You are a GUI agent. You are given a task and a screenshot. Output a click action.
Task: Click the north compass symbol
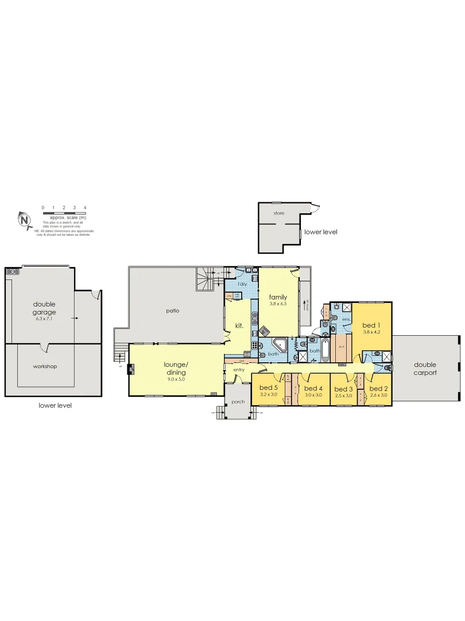coord(24,219)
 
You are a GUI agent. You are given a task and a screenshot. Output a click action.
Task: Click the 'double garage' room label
coord(44,308)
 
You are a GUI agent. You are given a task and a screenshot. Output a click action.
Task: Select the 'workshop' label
coord(44,366)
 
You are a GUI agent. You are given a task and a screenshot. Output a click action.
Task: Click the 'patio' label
coord(173,310)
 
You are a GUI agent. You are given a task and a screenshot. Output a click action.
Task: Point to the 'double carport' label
coord(425,369)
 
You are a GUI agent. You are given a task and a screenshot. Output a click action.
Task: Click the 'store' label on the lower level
coord(278,213)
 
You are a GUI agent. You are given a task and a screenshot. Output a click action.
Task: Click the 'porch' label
coord(238,401)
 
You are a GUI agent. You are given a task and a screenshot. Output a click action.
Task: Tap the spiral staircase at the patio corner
coord(206,280)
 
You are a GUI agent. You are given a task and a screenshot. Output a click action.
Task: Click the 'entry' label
coord(238,370)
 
